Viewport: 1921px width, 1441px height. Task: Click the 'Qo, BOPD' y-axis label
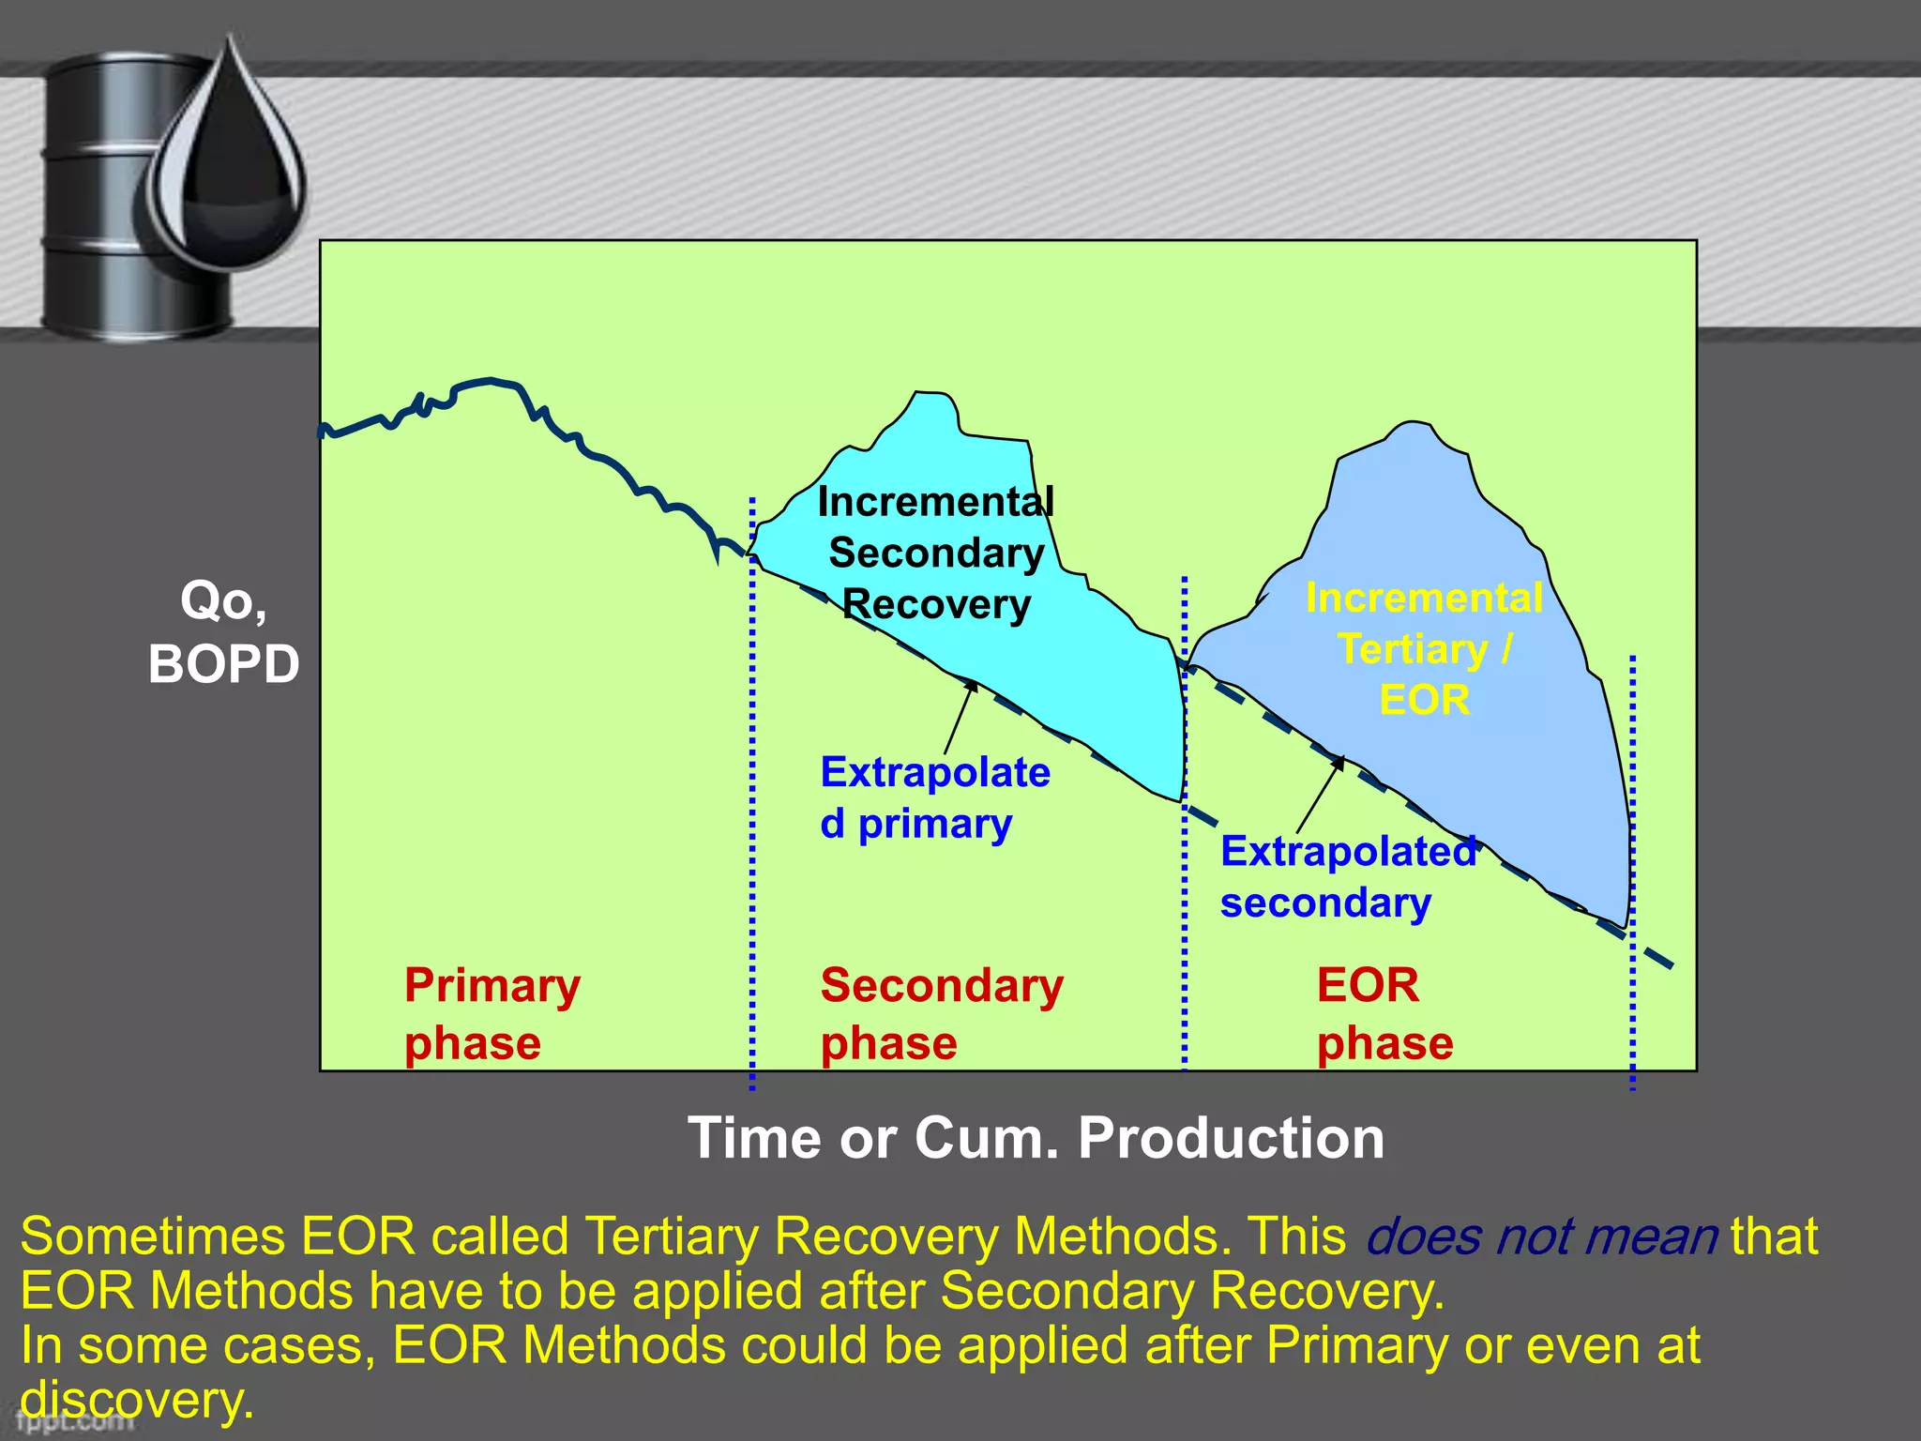[x=223, y=632]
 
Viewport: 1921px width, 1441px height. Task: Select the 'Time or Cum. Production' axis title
[x=1036, y=1138]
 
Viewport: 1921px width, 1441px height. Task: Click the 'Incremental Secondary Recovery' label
[x=936, y=554]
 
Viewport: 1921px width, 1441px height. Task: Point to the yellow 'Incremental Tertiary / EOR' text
[x=1424, y=649]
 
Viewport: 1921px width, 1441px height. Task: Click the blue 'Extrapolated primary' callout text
[x=934, y=797]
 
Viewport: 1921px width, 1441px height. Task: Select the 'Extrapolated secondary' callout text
[x=1347, y=877]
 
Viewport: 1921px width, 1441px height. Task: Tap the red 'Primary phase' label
[x=492, y=1014]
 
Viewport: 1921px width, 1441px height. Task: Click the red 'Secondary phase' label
[x=941, y=1014]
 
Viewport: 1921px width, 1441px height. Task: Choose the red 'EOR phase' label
[x=1384, y=1014]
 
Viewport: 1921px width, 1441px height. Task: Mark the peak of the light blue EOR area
[x=1410, y=424]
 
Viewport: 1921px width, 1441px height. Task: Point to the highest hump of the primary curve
[x=489, y=382]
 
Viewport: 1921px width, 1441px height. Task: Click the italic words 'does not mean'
[x=1541, y=1236]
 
